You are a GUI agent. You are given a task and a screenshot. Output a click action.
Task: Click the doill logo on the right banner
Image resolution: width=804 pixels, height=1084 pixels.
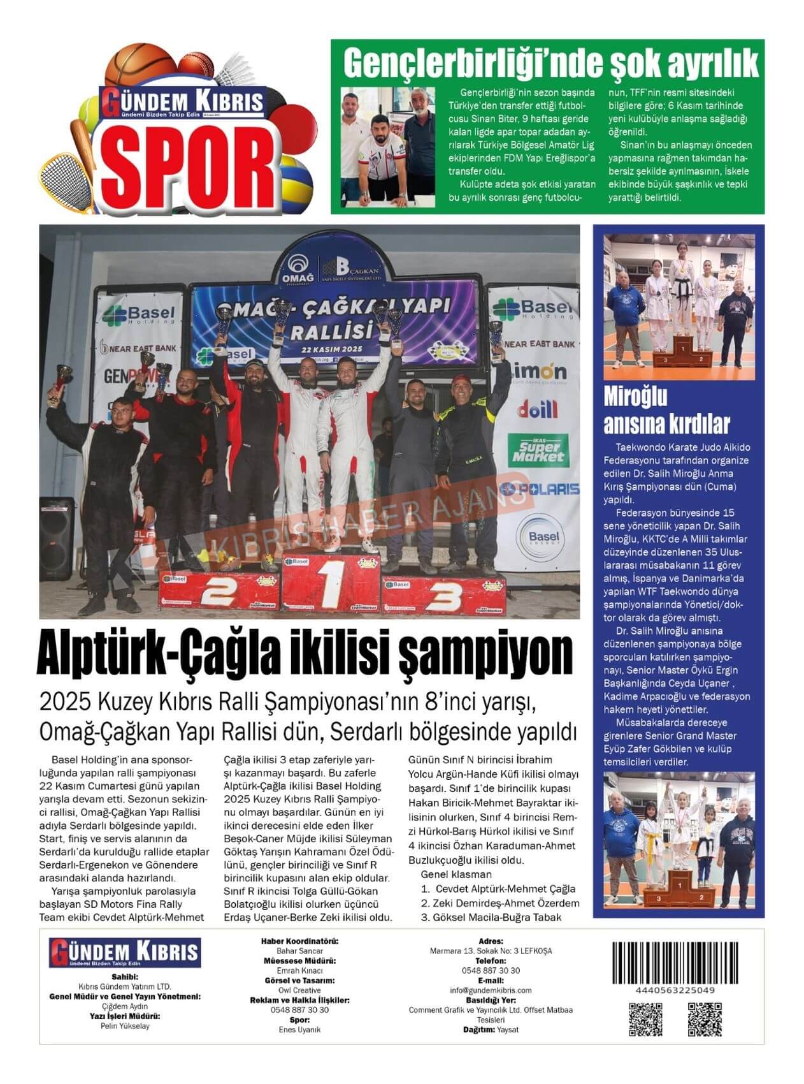[x=537, y=408]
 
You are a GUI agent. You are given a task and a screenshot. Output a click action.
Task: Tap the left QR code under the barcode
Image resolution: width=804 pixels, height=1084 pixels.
[x=645, y=1019]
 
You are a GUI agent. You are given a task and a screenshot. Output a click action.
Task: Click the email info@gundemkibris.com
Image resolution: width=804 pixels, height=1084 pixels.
[x=491, y=990]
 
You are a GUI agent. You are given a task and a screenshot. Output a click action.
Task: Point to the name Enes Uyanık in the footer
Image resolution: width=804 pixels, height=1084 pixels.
[x=299, y=1029]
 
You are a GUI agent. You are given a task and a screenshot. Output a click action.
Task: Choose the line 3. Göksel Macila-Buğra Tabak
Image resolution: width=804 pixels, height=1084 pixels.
[x=491, y=917]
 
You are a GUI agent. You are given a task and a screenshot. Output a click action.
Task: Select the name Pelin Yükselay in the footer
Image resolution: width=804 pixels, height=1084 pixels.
[x=126, y=1026]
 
